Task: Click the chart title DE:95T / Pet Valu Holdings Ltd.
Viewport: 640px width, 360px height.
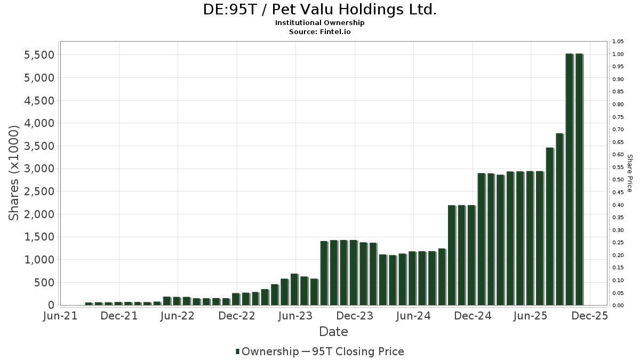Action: coord(320,10)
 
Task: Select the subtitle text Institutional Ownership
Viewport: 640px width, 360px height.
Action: coord(320,23)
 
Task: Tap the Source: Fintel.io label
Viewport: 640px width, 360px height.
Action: coord(320,32)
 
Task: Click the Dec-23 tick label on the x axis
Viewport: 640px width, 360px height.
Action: coord(354,316)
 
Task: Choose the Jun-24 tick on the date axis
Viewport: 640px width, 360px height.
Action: coord(413,316)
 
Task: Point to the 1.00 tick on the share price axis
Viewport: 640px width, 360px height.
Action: coord(618,54)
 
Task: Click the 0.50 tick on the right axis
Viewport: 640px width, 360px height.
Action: coord(618,180)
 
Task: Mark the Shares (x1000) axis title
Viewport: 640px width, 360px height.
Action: coord(14,173)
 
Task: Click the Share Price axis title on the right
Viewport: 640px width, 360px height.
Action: coord(629,173)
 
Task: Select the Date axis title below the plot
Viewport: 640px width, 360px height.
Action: coord(333,332)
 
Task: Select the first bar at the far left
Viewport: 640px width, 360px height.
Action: coord(89,303)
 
